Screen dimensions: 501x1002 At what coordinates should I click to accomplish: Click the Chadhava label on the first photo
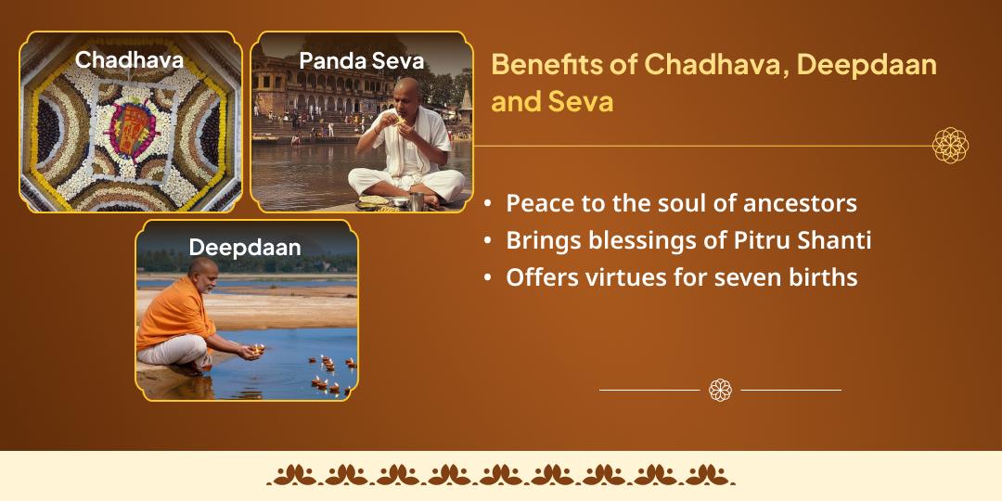129,60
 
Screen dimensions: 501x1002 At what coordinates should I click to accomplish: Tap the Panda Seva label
362,61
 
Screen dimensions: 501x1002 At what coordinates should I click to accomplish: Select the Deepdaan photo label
245,248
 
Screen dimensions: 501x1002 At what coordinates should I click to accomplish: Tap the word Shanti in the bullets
834,240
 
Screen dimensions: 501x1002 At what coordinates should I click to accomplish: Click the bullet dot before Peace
489,204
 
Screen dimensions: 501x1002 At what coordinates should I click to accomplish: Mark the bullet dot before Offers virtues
489,277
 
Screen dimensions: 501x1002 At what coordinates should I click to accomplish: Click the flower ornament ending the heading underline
950,146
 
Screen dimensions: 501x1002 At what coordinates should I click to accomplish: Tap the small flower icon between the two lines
720,390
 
